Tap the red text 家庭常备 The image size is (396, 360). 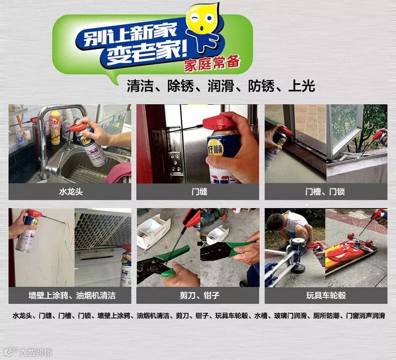pyautogui.click(x=212, y=63)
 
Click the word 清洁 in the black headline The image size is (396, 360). pyautogui.click(x=140, y=86)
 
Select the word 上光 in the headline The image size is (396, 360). pyautogui.click(x=302, y=86)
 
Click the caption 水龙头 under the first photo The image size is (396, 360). pyautogui.click(x=71, y=192)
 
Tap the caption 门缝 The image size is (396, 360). pyautogui.click(x=199, y=192)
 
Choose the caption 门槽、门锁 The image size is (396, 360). pyautogui.click(x=325, y=192)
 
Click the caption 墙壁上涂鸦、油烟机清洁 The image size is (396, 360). pyautogui.click(x=72, y=295)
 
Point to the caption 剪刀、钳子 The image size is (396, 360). pyautogui.click(x=200, y=295)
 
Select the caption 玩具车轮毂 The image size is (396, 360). pyautogui.click(x=326, y=295)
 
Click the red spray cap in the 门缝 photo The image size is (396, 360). pyautogui.click(x=219, y=122)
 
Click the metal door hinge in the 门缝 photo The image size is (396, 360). pyautogui.click(x=175, y=163)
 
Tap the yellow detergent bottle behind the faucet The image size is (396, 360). pyautogui.click(x=54, y=127)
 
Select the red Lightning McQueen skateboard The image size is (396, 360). pyautogui.click(x=350, y=253)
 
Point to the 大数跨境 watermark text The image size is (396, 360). pyautogui.click(x=36, y=352)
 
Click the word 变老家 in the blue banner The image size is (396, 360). pyautogui.click(x=143, y=54)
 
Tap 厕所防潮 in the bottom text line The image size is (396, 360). pyautogui.click(x=326, y=316)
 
